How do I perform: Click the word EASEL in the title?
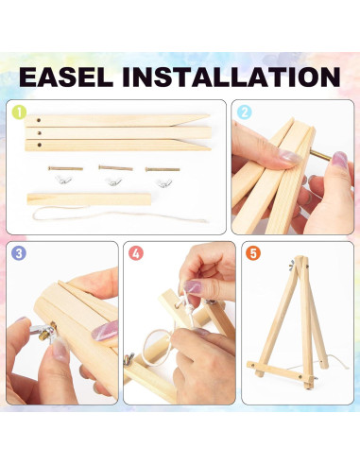coord(66,77)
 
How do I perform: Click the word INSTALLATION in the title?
coord(231,77)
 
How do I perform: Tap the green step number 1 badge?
coord(19,112)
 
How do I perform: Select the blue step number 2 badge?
coord(245,112)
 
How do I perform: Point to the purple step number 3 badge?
coord(19,253)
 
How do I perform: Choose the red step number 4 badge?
coord(136,253)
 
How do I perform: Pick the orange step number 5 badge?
coord(253,253)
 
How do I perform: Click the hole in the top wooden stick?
coord(39,120)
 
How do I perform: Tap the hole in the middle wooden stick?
coord(40,133)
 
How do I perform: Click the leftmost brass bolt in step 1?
coord(65,168)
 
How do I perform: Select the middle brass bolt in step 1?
coord(115,168)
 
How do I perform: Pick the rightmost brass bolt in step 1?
coord(163,169)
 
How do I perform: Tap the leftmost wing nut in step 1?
coord(63,181)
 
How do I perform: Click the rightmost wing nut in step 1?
coord(164,182)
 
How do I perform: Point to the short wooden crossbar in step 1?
coord(89,199)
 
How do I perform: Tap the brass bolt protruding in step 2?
coord(320,155)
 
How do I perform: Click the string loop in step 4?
coord(158,348)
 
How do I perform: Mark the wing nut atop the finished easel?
coord(292,266)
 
